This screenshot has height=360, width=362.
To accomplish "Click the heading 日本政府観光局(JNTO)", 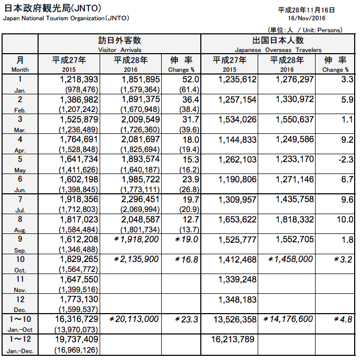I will tap(53, 8).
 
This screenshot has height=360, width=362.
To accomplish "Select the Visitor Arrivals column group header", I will tap(119, 49).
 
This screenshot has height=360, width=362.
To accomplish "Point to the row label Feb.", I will tap(20, 109).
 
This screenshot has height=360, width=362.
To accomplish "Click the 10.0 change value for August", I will tap(345, 219).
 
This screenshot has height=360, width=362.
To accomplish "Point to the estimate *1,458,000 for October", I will tap(290, 259).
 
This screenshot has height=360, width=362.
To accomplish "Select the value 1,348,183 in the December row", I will tap(235, 300).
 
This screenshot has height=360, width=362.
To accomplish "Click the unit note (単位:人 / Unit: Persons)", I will tap(313, 30).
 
